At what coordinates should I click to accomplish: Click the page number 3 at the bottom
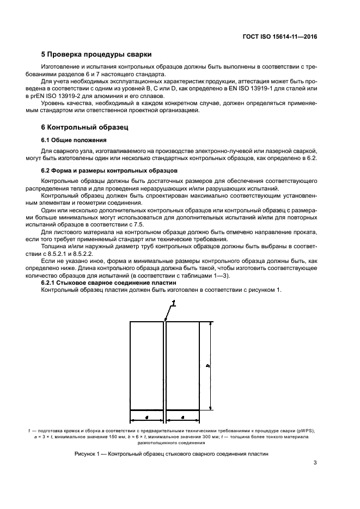[315, 463]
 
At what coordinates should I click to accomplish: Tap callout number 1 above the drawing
[173, 303]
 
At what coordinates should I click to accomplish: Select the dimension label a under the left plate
[147, 416]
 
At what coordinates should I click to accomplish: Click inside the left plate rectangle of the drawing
[147, 365]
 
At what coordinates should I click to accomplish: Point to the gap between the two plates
[164, 365]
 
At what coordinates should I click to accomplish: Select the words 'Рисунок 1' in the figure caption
[88, 454]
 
